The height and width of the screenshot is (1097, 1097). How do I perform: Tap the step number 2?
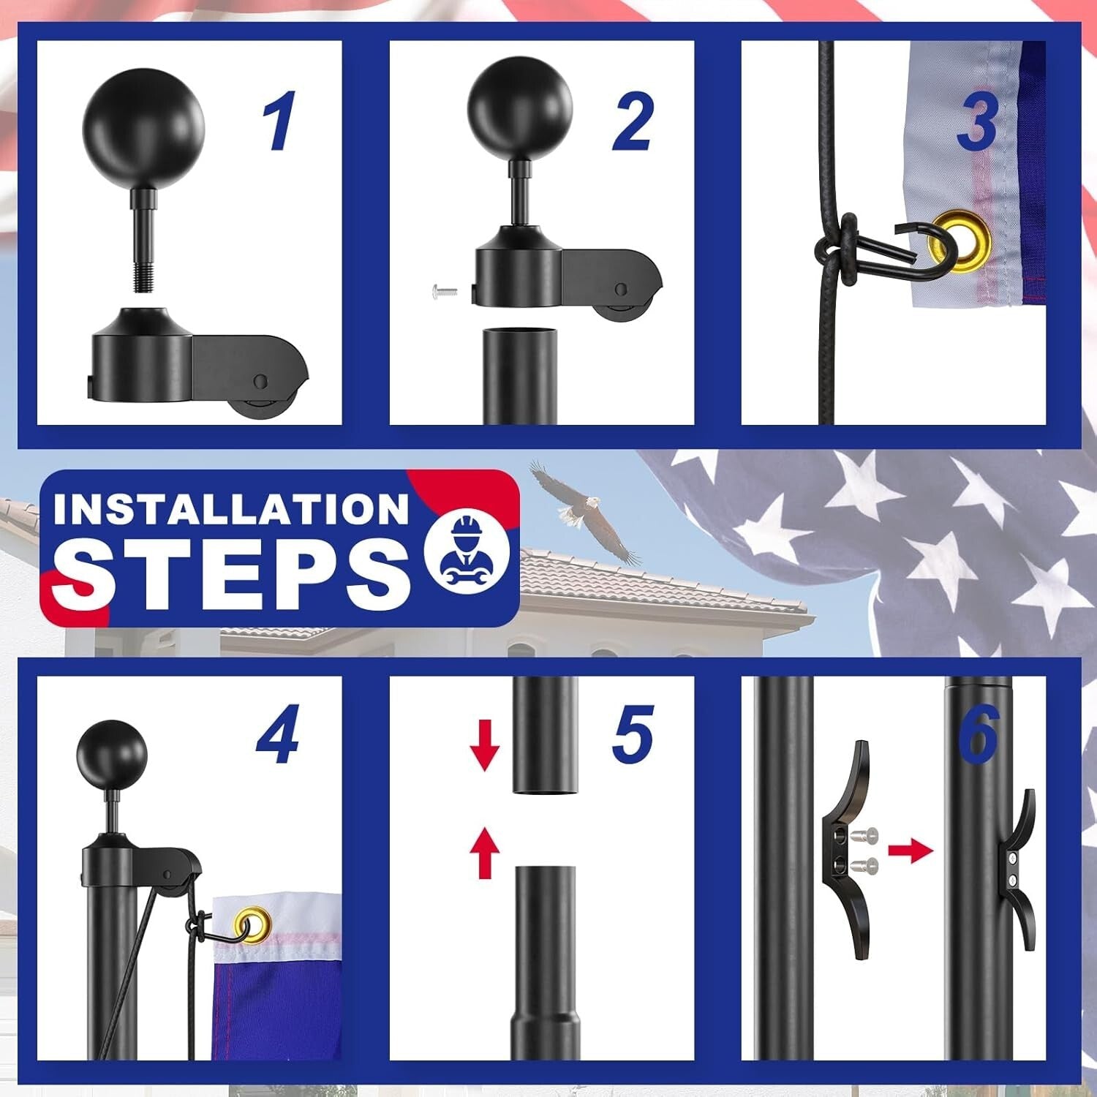click(x=633, y=121)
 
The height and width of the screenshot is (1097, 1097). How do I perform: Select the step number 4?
click(x=278, y=734)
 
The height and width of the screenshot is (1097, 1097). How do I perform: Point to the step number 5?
click(x=633, y=734)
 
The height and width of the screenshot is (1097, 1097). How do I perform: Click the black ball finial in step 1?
click(x=143, y=129)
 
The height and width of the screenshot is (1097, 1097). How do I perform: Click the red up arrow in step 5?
click(x=484, y=852)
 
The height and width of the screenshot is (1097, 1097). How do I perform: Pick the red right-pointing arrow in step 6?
click(x=911, y=851)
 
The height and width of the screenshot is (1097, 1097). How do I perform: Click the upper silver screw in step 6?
click(x=868, y=834)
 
